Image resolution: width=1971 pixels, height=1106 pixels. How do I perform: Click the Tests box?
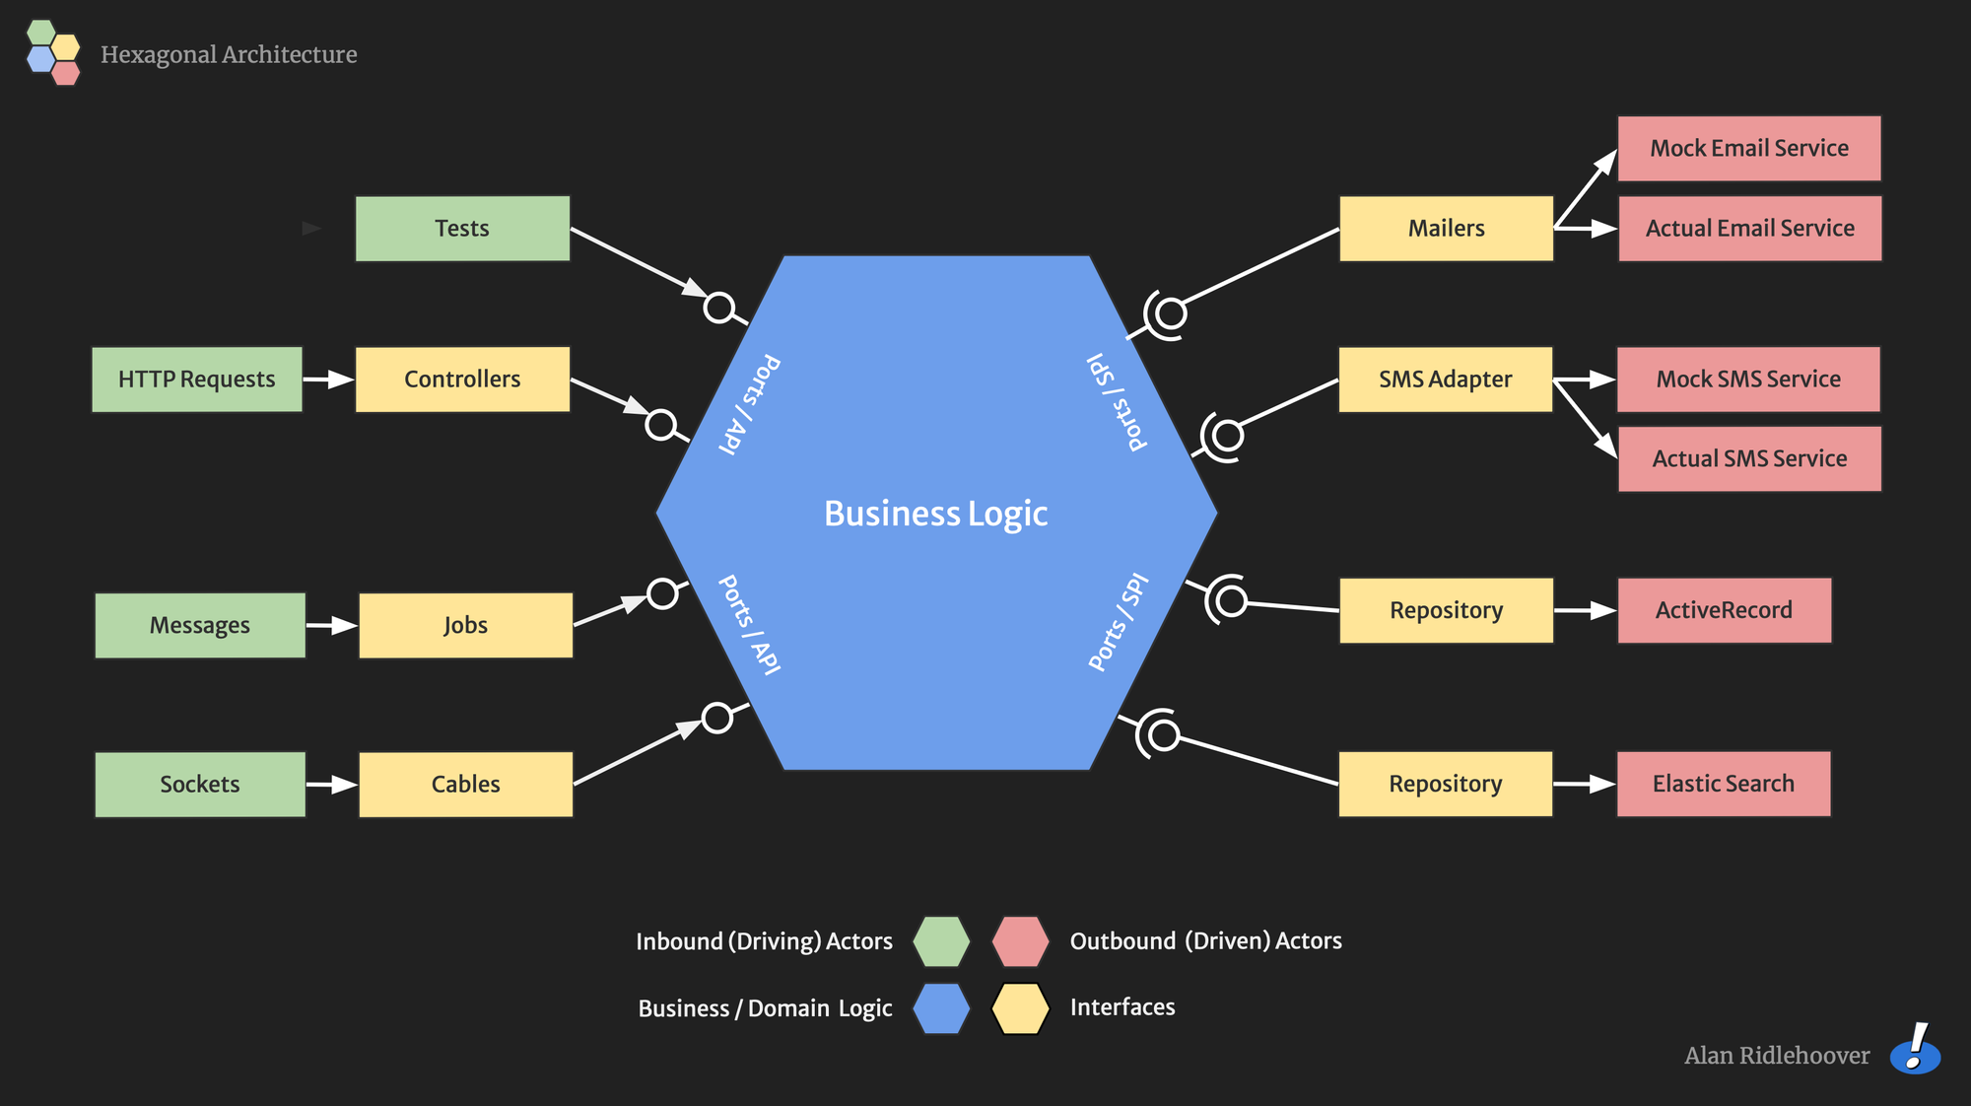coord(462,229)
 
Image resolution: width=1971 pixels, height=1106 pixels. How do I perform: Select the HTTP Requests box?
coord(197,380)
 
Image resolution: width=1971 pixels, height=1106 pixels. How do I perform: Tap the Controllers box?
coord(462,380)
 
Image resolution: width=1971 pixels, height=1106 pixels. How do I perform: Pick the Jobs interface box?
coord(465,625)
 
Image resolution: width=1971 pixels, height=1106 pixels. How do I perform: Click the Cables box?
coord(465,785)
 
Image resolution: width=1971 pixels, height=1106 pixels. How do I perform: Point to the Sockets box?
coord(200,785)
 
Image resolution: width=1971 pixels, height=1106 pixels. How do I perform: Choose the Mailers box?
coord(1446,229)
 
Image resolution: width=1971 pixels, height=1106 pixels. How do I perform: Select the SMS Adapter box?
coord(1445,380)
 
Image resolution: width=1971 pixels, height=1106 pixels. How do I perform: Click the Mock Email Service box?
coord(1749,149)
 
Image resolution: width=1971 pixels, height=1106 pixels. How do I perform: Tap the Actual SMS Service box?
coord(1749,459)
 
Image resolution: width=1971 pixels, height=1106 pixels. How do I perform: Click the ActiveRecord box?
coord(1724,610)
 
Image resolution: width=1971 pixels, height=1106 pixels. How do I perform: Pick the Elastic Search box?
coord(1724,784)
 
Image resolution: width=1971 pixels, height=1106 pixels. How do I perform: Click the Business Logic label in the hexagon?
coord(935,514)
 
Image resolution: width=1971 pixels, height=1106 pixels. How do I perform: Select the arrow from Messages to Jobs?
coord(332,625)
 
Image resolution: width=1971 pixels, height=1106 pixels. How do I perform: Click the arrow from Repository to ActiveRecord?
coord(1585,610)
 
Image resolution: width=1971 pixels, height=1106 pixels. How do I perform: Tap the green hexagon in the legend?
coord(941,941)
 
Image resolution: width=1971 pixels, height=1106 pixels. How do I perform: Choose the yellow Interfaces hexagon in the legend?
coord(1020,1008)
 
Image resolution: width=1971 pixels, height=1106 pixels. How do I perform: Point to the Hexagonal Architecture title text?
coord(229,54)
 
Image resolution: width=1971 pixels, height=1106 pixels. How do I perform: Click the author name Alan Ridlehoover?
coord(1777,1056)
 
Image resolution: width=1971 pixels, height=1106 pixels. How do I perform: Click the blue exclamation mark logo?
coord(1915,1049)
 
